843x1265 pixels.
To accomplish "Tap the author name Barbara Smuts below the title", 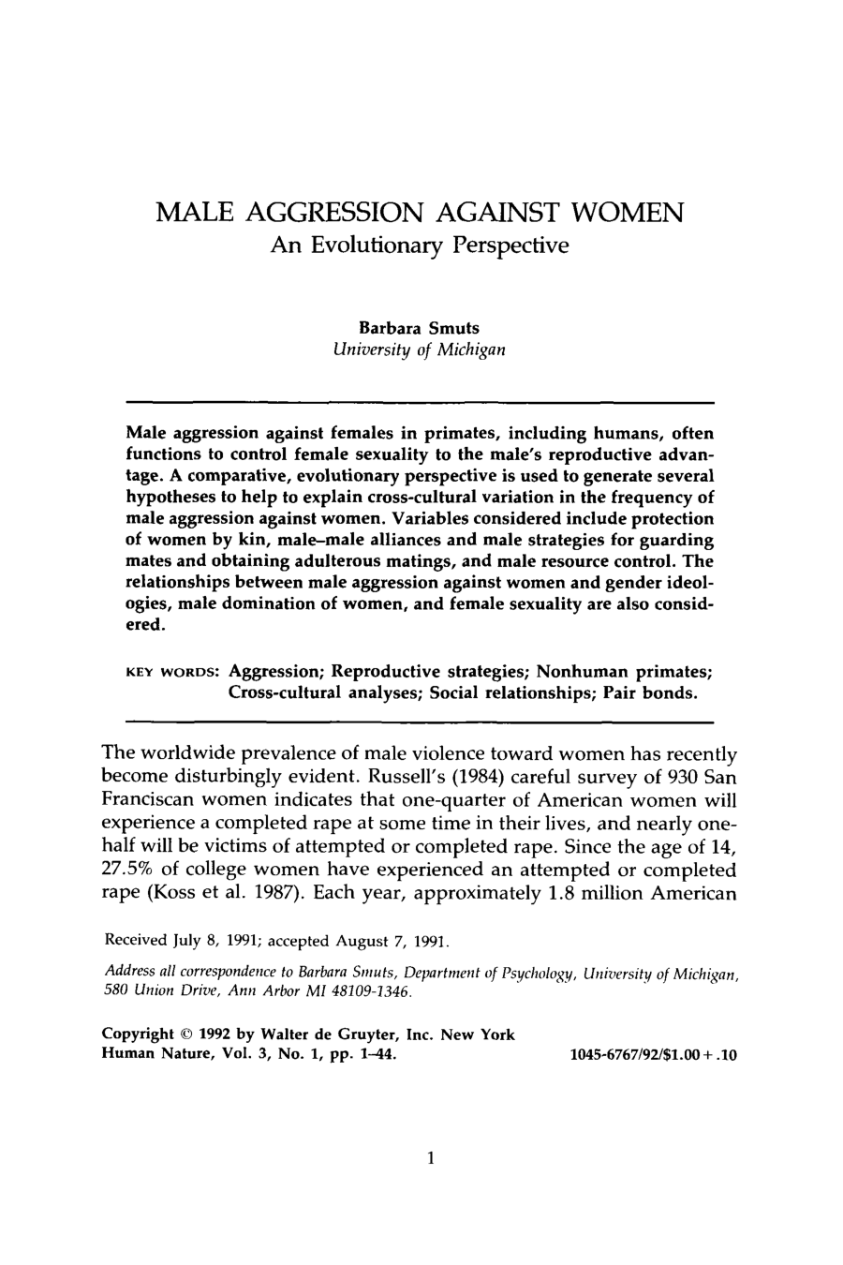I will [419, 329].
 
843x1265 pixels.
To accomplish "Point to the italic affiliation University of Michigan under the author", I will [419, 350].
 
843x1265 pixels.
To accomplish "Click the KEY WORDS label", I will [171, 672].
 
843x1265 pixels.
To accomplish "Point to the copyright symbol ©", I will [182, 1035].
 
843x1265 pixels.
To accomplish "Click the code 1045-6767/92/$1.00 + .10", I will [653, 1055].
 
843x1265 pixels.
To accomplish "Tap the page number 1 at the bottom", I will [429, 1158].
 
